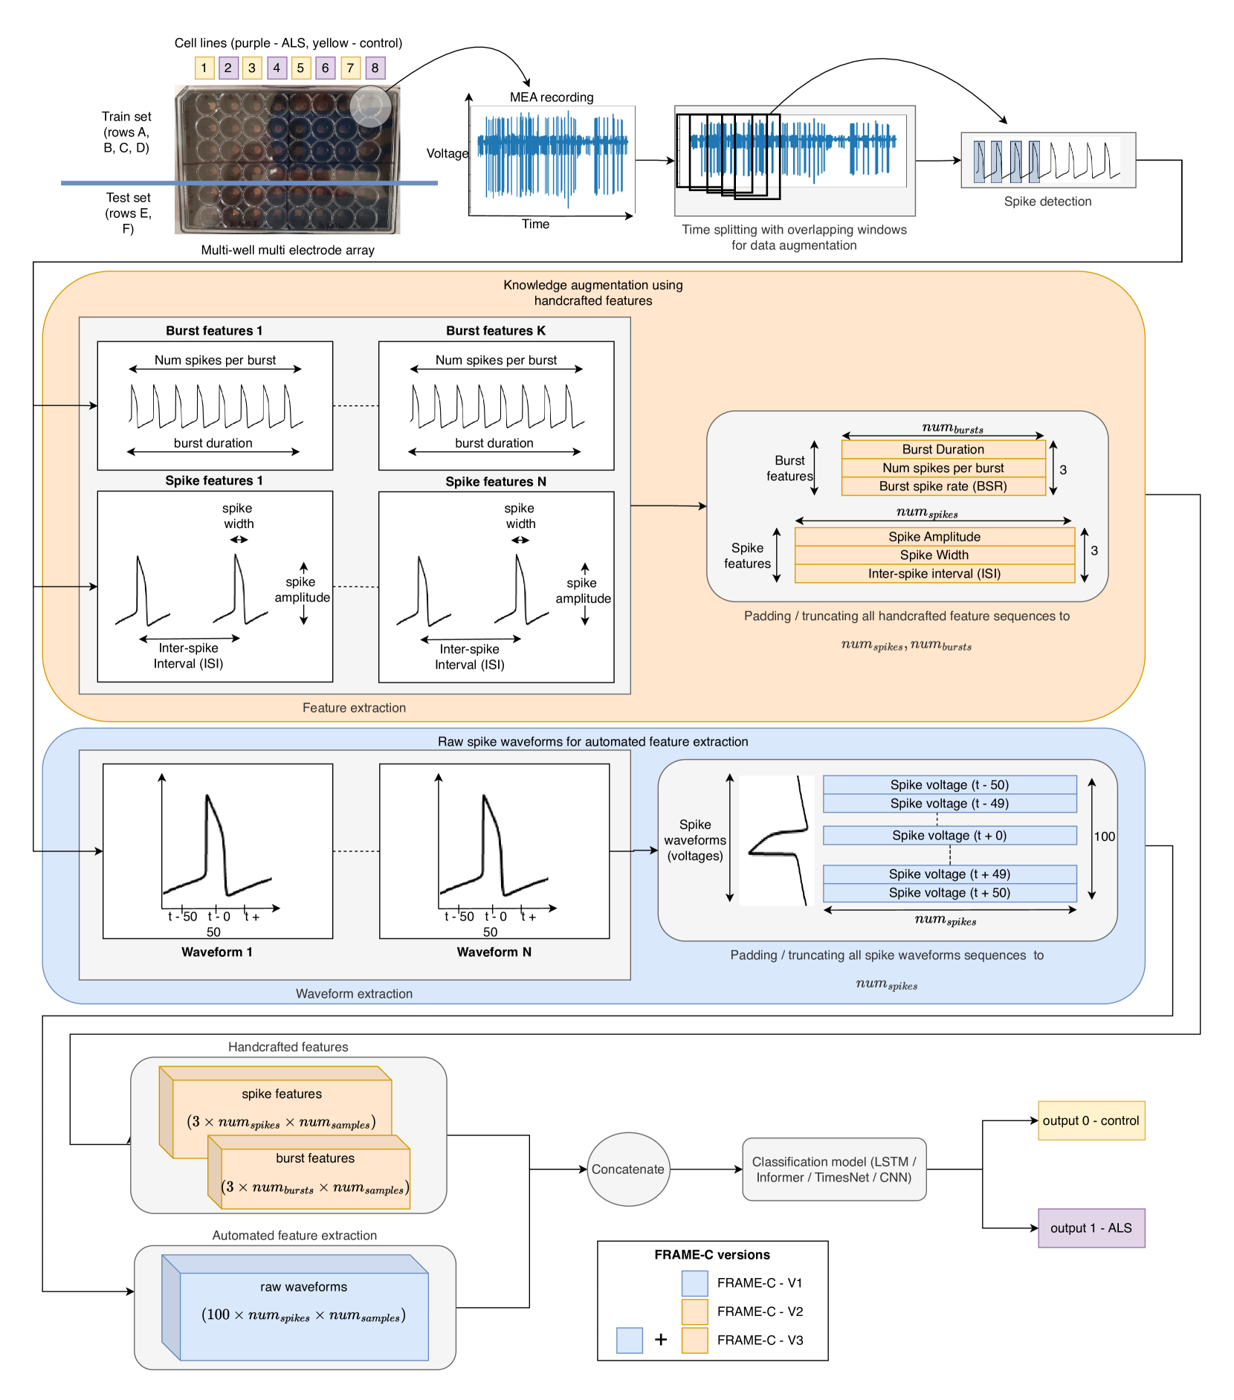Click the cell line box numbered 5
click(300, 68)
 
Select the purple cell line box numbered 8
click(375, 68)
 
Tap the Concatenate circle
click(628, 1169)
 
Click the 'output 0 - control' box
click(1091, 1120)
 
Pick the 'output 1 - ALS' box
click(1091, 1228)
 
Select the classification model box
click(834, 1169)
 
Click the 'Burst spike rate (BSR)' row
click(943, 486)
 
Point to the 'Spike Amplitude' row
click(934, 537)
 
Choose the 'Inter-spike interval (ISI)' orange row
click(934, 574)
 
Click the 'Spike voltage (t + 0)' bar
click(949, 836)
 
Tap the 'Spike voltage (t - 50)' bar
click(949, 785)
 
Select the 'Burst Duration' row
click(943, 449)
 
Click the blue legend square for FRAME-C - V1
click(694, 1283)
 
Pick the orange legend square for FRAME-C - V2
click(694, 1312)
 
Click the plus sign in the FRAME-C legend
click(661, 1340)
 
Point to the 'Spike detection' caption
click(1047, 201)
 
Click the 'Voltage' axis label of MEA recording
click(447, 154)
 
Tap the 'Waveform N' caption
click(494, 952)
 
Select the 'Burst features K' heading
click(495, 331)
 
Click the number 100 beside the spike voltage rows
click(1104, 836)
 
